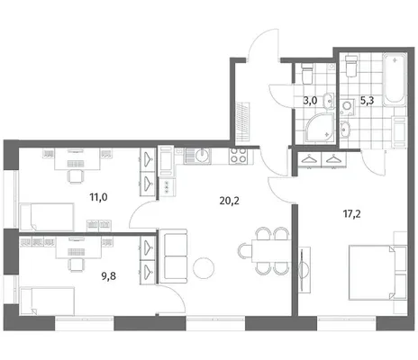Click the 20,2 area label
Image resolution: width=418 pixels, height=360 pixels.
(x=230, y=201)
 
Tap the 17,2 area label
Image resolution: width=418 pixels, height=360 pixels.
(x=352, y=214)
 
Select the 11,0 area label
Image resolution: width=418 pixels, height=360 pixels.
(x=98, y=197)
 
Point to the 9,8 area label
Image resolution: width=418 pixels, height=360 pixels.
(x=108, y=276)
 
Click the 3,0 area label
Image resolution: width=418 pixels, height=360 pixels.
(x=310, y=100)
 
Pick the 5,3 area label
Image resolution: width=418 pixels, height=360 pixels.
(x=367, y=101)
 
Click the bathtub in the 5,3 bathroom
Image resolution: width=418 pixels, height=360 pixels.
(x=395, y=79)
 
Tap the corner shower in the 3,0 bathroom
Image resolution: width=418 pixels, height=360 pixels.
(x=320, y=128)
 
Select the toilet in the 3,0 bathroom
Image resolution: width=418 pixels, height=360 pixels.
(x=307, y=73)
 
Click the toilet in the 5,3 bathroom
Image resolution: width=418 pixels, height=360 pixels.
(x=351, y=66)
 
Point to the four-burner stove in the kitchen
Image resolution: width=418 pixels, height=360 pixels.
(x=239, y=156)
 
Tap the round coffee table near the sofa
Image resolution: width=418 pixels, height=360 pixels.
(x=204, y=268)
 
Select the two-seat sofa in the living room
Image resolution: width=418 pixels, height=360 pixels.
(x=173, y=256)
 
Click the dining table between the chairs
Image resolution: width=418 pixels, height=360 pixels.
(x=271, y=251)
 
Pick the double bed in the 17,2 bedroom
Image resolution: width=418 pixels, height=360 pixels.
(x=377, y=273)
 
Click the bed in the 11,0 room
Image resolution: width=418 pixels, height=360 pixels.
(x=47, y=217)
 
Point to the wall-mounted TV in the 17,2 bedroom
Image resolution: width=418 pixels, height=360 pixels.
(x=304, y=269)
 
